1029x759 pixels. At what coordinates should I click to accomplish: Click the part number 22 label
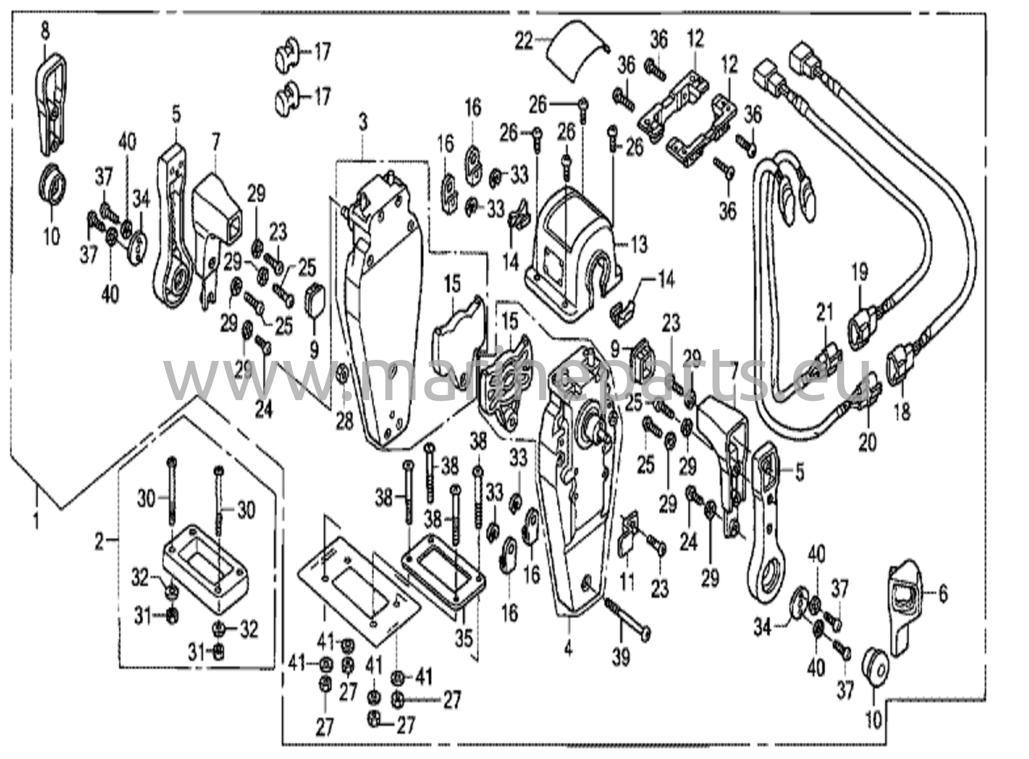click(524, 41)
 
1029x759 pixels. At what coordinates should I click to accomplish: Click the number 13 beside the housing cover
click(639, 245)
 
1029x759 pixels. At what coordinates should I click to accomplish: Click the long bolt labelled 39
click(625, 617)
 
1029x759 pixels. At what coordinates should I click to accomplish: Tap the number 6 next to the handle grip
click(943, 594)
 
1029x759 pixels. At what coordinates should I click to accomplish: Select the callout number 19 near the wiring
click(860, 273)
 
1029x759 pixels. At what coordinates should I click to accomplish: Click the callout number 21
click(824, 312)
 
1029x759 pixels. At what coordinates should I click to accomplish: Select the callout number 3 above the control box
click(363, 122)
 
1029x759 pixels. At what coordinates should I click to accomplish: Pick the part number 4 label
click(568, 649)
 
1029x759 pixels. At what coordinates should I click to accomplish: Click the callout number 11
click(627, 581)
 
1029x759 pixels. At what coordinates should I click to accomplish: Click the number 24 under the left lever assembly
click(263, 410)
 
